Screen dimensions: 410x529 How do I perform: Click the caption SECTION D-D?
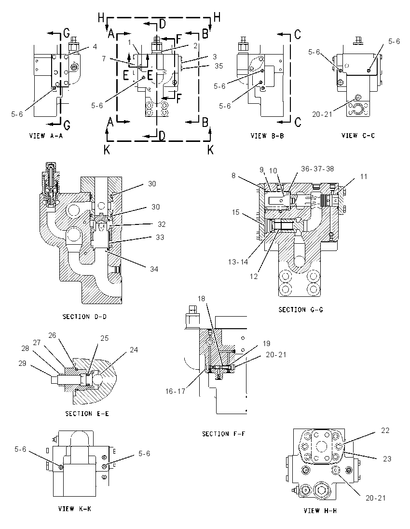coord(84,317)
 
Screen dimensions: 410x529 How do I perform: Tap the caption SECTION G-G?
coord(301,309)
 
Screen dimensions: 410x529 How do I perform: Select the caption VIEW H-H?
coord(320,511)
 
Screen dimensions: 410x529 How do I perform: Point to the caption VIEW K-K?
coord(74,509)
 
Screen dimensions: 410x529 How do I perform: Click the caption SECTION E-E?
coord(87,414)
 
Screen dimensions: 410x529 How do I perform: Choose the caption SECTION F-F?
coord(223,434)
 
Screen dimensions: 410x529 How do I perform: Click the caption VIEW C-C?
coord(358,136)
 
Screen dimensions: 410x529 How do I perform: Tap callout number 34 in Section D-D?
coord(154,269)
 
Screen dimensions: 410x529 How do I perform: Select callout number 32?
coord(162,224)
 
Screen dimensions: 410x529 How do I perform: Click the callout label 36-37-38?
coord(317,168)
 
